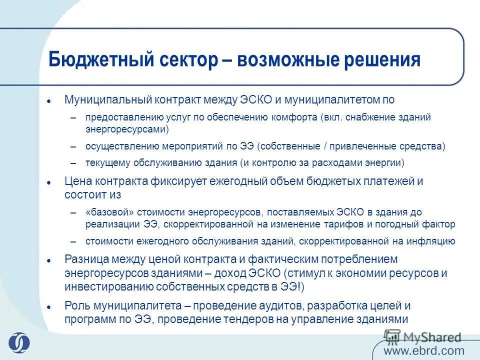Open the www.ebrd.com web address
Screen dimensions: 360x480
click(424, 350)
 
